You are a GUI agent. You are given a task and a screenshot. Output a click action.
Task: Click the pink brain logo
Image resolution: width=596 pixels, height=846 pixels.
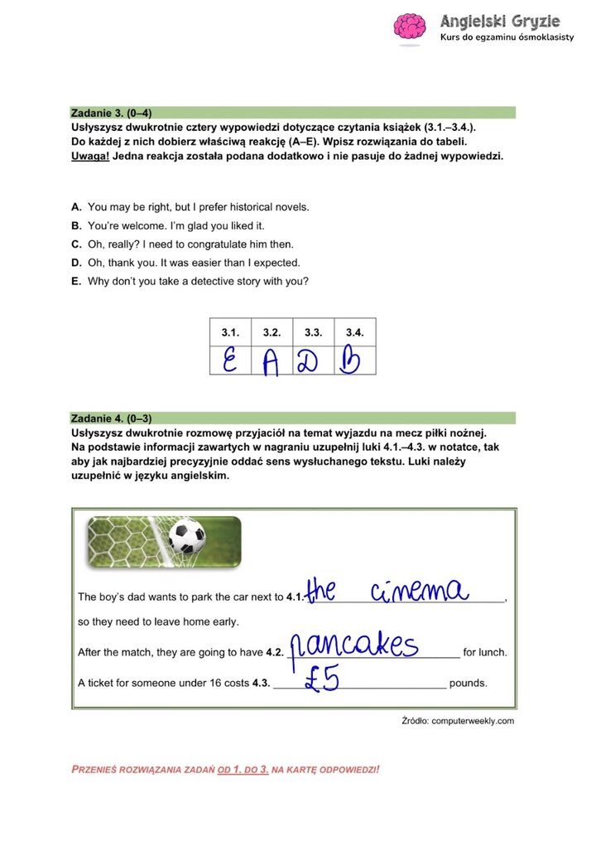tap(409, 27)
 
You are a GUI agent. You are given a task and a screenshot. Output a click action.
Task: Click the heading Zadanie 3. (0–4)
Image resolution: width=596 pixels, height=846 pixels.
tap(112, 113)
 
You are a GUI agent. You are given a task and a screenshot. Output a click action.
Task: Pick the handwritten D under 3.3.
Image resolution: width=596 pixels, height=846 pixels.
tap(312, 361)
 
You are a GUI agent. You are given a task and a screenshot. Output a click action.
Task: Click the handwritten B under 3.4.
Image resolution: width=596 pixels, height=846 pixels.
tap(351, 361)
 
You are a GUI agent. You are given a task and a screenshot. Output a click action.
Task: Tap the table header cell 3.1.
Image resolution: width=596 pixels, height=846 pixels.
tap(229, 332)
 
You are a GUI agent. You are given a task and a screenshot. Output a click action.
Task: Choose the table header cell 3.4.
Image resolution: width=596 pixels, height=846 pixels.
tap(354, 332)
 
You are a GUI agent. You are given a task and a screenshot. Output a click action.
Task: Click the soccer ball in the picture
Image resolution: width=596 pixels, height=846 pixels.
tap(187, 538)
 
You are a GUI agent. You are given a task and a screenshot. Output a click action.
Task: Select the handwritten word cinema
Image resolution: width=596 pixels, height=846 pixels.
tap(420, 591)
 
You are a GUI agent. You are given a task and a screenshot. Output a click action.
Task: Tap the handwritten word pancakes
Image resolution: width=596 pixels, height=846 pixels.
tap(358, 644)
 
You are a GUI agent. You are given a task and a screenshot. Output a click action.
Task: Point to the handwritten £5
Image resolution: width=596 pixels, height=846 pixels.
tap(322, 679)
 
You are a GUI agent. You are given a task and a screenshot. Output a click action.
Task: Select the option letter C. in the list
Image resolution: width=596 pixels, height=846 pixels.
tap(76, 244)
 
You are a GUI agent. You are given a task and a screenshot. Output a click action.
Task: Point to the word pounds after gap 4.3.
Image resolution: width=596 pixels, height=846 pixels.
tap(468, 684)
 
